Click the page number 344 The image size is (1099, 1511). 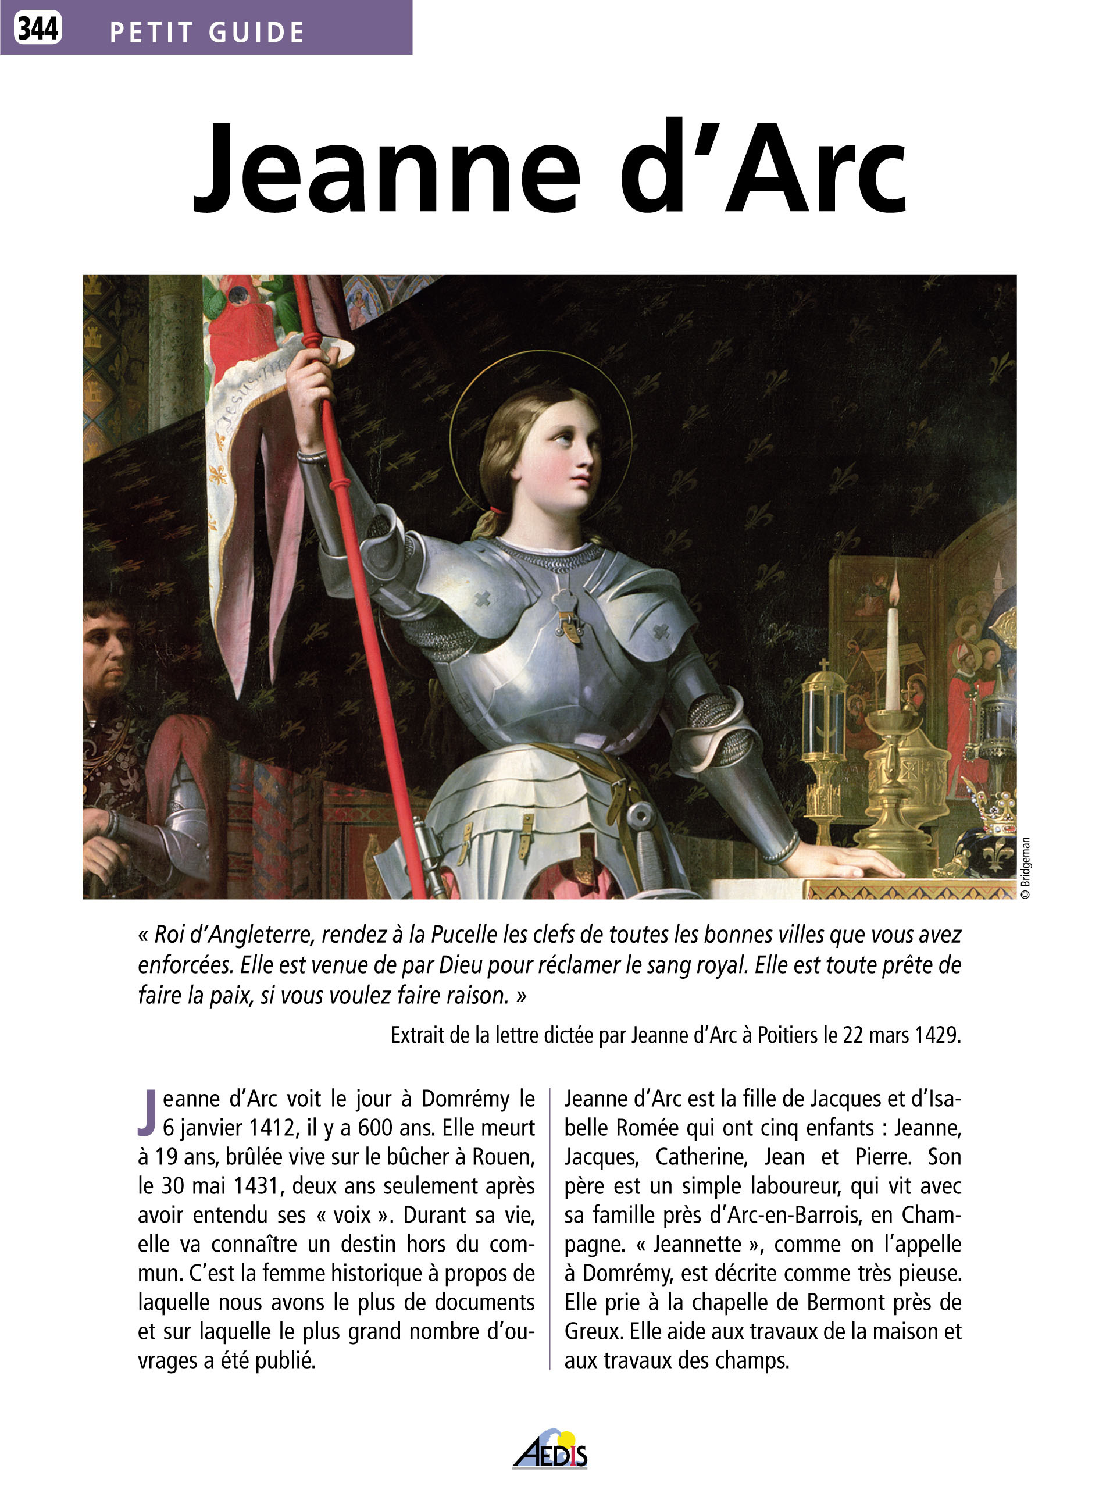pos(38,28)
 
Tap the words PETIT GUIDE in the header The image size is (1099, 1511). pos(206,33)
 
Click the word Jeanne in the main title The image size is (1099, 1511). pos(386,170)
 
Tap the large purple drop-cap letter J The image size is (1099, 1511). pos(147,1112)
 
